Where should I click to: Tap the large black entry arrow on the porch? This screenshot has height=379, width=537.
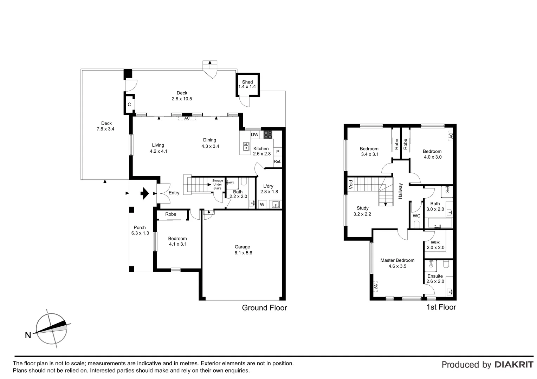[144, 193]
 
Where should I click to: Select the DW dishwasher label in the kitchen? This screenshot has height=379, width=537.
[254, 135]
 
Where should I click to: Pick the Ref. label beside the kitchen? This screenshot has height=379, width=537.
[278, 161]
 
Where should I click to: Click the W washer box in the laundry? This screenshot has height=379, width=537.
[262, 204]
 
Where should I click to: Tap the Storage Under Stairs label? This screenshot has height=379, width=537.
[217, 184]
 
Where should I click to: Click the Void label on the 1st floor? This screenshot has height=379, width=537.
[351, 184]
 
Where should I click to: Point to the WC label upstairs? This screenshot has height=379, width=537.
[416, 216]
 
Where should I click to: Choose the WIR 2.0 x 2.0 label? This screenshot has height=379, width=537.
[435, 245]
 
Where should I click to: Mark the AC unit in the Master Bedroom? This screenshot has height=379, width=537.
[375, 286]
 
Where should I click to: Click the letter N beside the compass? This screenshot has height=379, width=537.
[28, 335]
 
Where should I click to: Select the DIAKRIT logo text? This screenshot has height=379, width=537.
[514, 365]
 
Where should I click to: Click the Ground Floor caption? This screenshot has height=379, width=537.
[264, 308]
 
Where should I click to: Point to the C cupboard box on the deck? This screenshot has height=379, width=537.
[129, 104]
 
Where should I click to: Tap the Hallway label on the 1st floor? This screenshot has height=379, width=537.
[400, 191]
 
